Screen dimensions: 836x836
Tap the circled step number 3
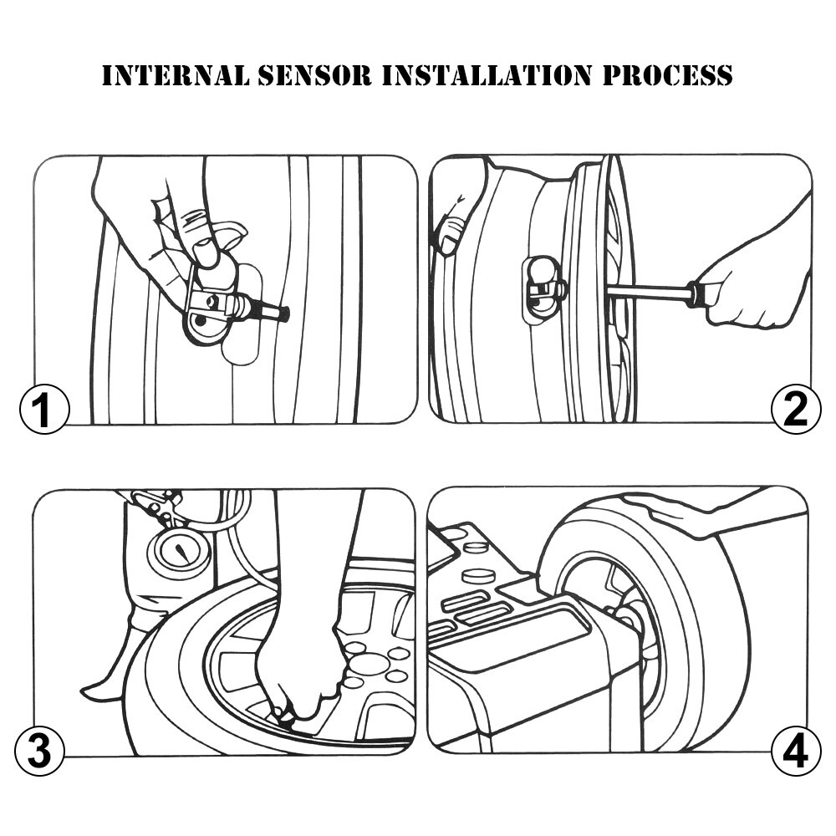(39, 750)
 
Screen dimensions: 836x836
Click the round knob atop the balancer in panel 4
(477, 575)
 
